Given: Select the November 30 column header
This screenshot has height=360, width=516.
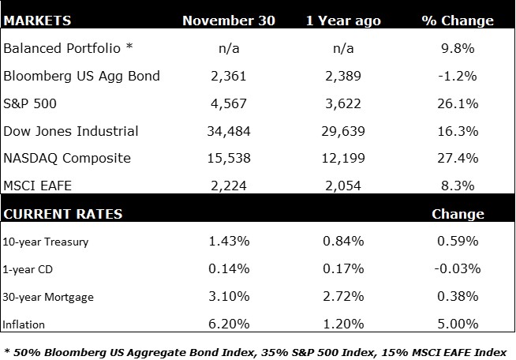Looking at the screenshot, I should coord(228,21).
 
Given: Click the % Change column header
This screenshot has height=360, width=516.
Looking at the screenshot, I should coord(458,21).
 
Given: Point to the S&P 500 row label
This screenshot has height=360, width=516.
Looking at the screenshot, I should coord(31,103).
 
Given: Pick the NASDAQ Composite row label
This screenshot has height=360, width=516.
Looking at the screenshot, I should coord(66,158).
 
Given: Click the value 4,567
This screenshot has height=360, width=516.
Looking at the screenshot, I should coord(228,103).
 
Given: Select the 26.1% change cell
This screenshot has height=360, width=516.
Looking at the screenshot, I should coord(458,103).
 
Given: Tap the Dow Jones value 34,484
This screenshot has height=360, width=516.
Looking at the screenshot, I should coord(228,130).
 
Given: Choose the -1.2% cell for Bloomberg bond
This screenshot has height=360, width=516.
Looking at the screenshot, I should coord(458,76).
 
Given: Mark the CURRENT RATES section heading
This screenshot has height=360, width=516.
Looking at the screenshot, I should coord(62,214).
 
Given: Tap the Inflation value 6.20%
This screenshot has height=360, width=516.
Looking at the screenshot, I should coord(228,323).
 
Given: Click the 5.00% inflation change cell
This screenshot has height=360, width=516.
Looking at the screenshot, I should coord(458,323).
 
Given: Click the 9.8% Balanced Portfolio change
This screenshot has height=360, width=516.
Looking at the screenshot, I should coord(458,48).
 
